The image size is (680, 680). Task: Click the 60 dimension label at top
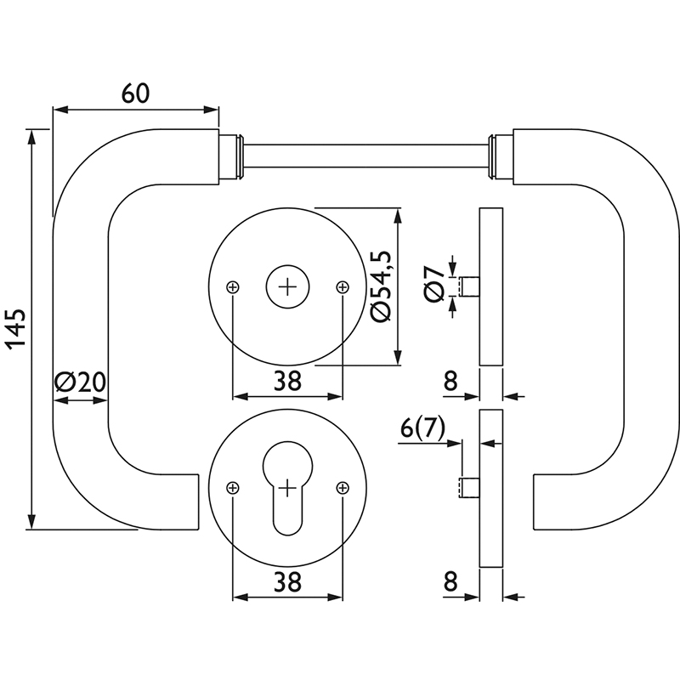(135, 93)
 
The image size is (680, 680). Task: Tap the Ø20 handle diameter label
(80, 382)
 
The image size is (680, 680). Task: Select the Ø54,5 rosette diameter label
(381, 286)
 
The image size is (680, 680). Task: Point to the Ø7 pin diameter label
(434, 285)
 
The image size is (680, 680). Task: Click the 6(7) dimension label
(422, 429)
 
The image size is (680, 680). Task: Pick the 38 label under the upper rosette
(287, 381)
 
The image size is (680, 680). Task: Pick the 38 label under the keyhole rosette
(287, 582)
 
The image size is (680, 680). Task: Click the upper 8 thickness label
(450, 381)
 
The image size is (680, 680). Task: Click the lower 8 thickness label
(450, 581)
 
